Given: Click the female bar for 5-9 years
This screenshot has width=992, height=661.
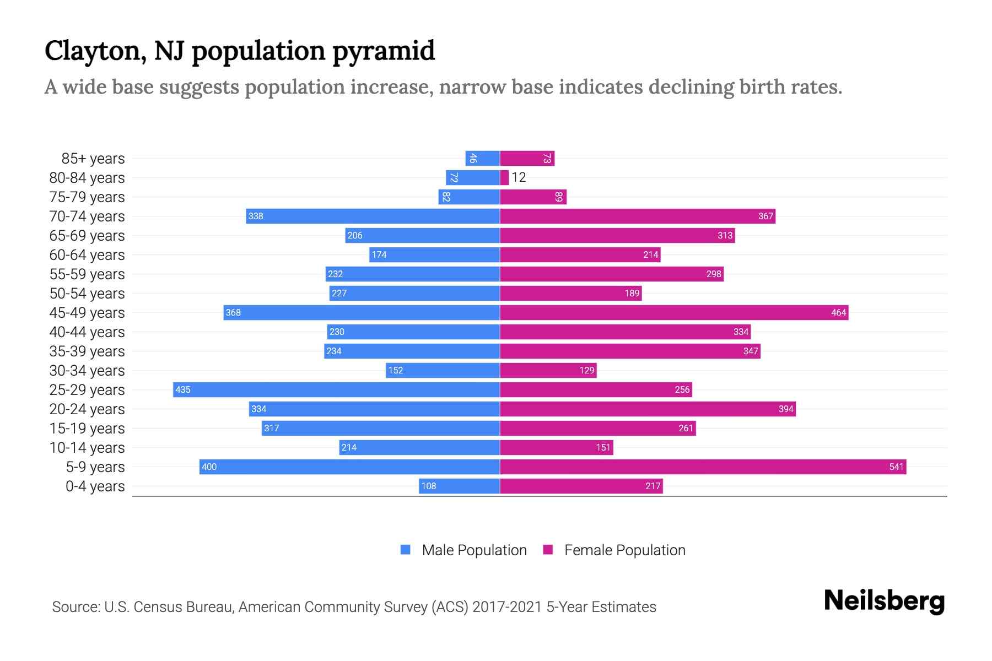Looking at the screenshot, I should coord(703,467).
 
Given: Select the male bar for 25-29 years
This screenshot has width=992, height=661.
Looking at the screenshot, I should coord(336,389).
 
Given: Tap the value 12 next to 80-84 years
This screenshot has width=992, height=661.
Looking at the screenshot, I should coord(519,177).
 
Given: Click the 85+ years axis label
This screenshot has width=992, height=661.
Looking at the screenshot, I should coord(93,159).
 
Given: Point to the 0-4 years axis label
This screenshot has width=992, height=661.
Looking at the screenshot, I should coord(95,486).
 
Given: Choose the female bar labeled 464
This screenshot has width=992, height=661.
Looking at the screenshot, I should coord(673,312).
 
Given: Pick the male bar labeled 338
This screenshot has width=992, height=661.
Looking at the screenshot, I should coord(373,216).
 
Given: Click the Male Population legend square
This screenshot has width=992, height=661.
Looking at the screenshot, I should coord(406,550).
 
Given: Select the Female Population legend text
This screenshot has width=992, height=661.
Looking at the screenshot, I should coord(624,550).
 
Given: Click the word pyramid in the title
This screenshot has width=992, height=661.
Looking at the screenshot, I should coord(384,51).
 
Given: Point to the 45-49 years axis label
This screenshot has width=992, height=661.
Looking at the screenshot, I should coord(87,313).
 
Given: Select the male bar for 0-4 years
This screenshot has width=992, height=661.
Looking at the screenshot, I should coord(459,486).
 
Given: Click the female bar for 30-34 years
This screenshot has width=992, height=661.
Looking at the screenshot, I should coord(548,370).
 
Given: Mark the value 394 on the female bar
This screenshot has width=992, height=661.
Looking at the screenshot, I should coord(786,409).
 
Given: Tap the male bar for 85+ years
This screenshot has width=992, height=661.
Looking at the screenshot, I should coord(482,158).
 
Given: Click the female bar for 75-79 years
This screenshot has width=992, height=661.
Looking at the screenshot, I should coord(533,197).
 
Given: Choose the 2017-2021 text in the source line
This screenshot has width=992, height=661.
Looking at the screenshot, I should coord(507,607).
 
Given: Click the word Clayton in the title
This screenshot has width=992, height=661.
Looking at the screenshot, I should coord(95,51).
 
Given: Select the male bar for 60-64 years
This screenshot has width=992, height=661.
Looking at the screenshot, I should coord(434,254).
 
